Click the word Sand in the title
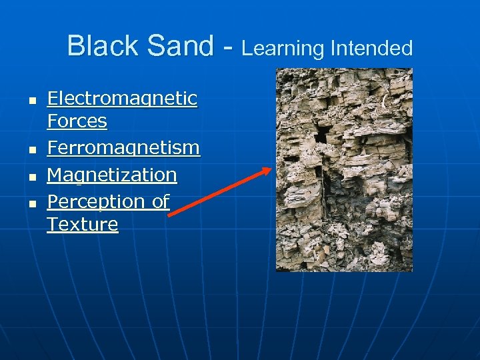[178, 47]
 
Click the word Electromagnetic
[122, 99]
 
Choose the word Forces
[77, 121]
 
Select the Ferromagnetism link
[123, 147]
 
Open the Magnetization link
[112, 175]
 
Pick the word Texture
[82, 225]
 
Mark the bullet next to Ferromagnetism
[31, 148]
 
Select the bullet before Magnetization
[31, 175]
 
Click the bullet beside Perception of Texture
[31, 202]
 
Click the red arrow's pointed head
[269, 169]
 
